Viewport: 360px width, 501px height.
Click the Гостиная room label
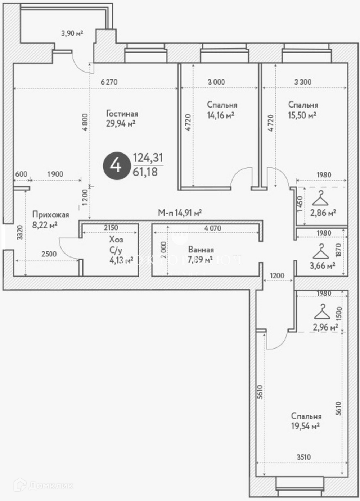coord(122,114)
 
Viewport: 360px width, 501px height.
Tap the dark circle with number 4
coord(116,166)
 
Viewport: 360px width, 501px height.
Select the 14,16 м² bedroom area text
coord(220,115)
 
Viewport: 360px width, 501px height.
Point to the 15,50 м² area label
coord(302,115)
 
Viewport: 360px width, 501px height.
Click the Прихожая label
coord(50,215)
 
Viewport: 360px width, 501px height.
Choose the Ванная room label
coord(201,250)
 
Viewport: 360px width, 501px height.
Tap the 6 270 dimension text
coord(109,82)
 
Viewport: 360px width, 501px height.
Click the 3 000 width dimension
coord(216,82)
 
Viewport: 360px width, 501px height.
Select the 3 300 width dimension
coord(302,82)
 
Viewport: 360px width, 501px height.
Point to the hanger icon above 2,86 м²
coord(320,198)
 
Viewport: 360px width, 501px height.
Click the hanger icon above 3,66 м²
coord(320,251)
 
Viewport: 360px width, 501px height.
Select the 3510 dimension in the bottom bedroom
coord(303,457)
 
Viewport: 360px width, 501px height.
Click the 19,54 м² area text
coord(306,426)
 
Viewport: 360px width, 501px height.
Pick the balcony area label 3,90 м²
coord(72,33)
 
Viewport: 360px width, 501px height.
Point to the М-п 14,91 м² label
coord(180,213)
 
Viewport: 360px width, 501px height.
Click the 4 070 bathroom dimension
coord(212,228)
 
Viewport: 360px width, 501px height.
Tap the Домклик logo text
coord(50,486)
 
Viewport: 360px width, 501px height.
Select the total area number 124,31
coord(148,158)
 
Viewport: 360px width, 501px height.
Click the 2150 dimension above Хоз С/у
coord(111,228)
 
